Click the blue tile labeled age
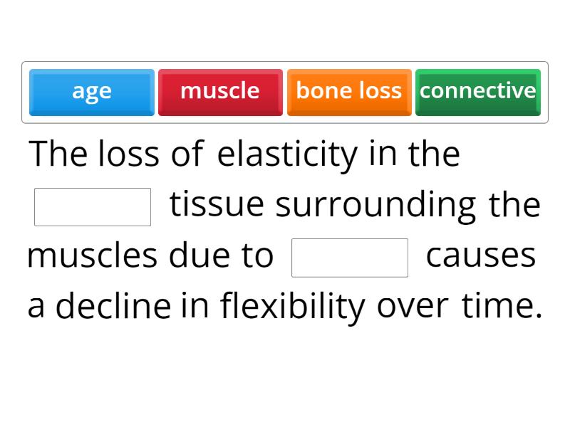click(x=91, y=92)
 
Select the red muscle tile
click(x=220, y=92)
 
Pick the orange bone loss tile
click(x=348, y=92)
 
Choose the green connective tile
click(x=477, y=92)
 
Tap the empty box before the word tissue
click(x=93, y=206)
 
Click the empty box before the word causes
click(x=350, y=258)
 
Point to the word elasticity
click(x=287, y=155)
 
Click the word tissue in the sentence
click(x=217, y=206)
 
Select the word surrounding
click(x=375, y=206)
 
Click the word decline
click(x=113, y=307)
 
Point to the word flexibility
click(x=293, y=307)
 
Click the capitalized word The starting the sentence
click(x=58, y=155)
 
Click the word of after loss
click(x=187, y=155)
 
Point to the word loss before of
click(x=129, y=155)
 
